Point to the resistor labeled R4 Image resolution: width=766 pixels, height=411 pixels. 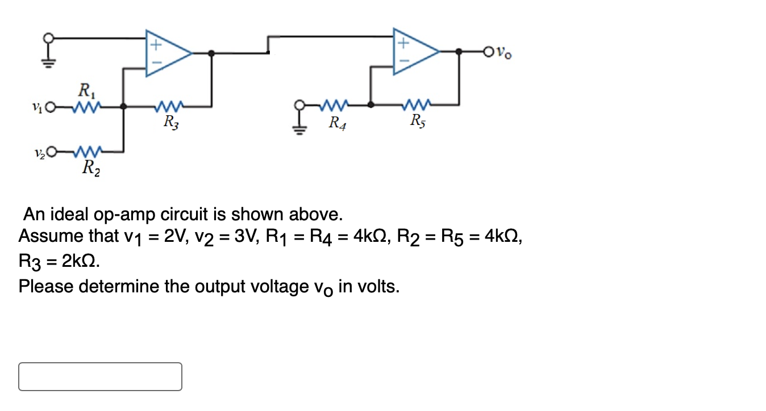[335, 105]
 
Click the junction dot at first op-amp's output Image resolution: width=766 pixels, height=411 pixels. [212, 53]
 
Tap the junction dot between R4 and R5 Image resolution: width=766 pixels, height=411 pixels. [370, 105]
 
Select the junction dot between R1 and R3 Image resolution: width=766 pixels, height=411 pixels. [124, 106]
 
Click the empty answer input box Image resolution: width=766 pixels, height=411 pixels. [100, 376]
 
